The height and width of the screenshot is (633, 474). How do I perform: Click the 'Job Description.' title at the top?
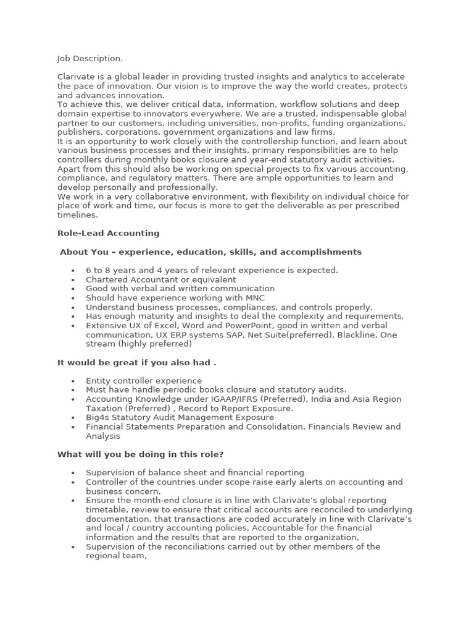pyautogui.click(x=90, y=59)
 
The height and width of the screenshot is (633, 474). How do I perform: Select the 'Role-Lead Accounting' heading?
pyautogui.click(x=109, y=233)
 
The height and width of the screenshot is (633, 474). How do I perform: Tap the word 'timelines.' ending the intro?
pyautogui.click(x=78, y=215)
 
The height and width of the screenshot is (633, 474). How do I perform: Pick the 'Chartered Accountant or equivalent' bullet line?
pyautogui.click(x=160, y=279)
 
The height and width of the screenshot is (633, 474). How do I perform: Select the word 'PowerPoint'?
pyautogui.click(x=226, y=326)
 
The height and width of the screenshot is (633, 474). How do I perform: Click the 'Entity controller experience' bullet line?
pyautogui.click(x=143, y=381)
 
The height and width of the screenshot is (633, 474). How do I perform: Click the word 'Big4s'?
pyautogui.click(x=98, y=417)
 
